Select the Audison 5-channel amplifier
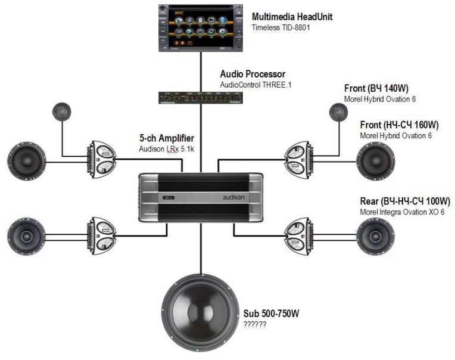coord(201,198)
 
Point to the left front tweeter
coord(62,111)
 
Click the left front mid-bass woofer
coord(26,161)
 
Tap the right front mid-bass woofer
coord(375,161)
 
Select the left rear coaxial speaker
coord(26,235)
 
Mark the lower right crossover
coord(298,234)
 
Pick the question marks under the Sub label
coord(254,324)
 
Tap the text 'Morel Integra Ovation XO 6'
coord(402,212)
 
